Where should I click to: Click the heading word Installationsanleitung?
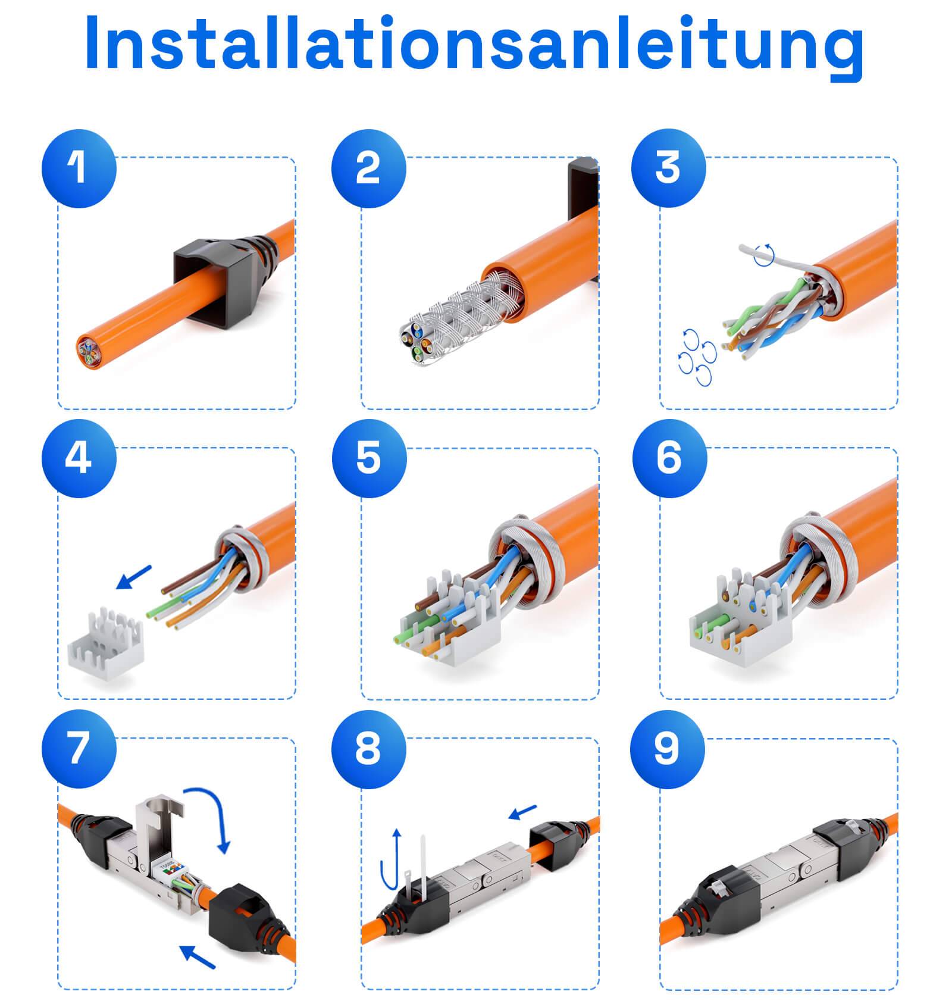coord(474,43)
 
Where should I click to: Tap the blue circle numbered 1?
coord(79,169)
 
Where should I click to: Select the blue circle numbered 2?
coord(369,169)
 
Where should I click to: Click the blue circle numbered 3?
coord(668,169)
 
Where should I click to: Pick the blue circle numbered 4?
coord(79,459)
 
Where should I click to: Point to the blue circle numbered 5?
coord(369,459)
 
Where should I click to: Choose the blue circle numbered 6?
coord(669,459)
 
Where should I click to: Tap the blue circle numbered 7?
coord(79,749)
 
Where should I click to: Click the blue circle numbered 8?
coord(369,749)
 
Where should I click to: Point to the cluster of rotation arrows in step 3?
coord(696,356)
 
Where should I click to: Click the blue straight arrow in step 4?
coord(134,577)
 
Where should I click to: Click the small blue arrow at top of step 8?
coord(524,811)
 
